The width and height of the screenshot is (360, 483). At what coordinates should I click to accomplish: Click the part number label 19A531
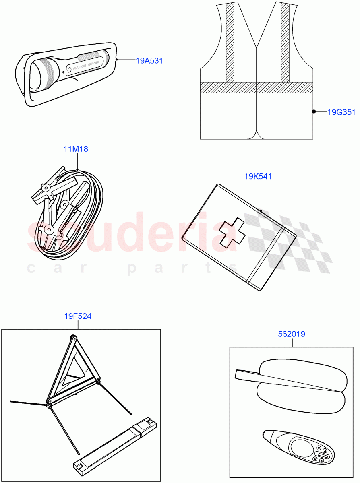(x=149, y=61)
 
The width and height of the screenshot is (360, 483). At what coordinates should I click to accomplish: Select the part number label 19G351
(x=341, y=112)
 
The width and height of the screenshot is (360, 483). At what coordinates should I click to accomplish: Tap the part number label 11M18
(x=75, y=149)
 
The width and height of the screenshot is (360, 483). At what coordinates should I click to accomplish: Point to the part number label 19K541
(x=258, y=176)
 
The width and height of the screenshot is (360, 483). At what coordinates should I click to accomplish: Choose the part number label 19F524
(x=78, y=316)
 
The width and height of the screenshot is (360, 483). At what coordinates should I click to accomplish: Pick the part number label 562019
(x=292, y=334)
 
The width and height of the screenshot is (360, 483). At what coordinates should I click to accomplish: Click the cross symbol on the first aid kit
(x=232, y=233)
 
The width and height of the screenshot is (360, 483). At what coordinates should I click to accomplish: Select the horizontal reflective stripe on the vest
(x=257, y=87)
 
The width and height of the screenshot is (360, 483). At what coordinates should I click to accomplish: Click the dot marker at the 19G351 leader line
(x=313, y=112)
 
